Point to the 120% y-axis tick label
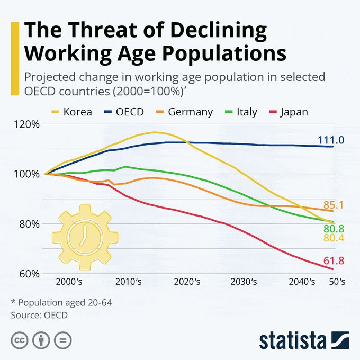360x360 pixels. (26, 124)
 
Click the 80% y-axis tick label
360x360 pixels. (28, 224)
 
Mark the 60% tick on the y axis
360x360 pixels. (28, 274)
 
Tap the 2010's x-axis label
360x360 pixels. (129, 282)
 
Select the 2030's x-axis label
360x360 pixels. (244, 282)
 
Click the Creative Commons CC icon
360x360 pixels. (20, 339)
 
